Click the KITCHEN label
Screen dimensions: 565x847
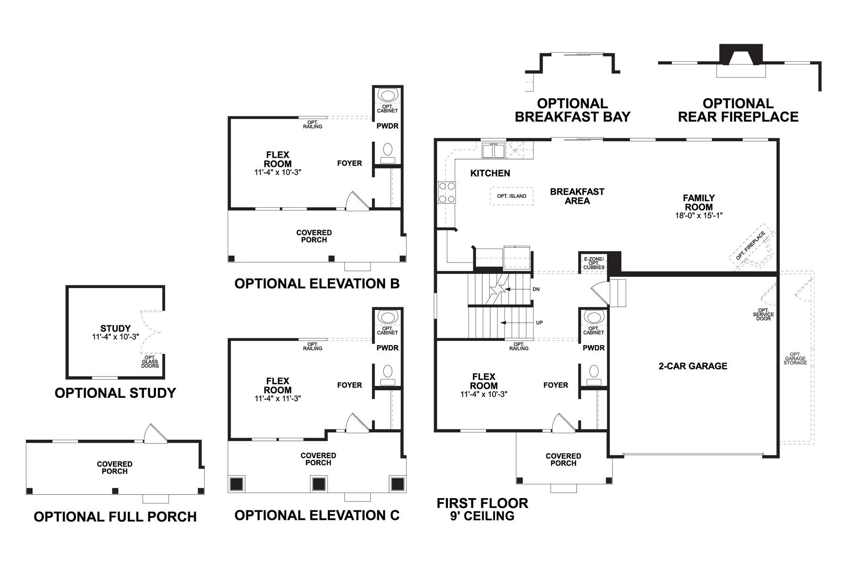tap(490, 173)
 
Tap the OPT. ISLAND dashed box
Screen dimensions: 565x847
tap(511, 196)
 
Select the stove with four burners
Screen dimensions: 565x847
tap(447, 193)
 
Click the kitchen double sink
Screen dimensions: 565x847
tap(493, 151)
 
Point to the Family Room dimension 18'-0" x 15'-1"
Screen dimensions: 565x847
tap(698, 216)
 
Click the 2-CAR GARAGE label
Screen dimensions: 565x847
tap(693, 366)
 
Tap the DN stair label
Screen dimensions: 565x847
tap(535, 289)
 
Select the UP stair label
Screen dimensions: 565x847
tap(539, 323)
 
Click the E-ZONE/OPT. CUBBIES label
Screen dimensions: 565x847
tap(594, 263)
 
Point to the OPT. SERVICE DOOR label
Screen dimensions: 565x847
tap(763, 315)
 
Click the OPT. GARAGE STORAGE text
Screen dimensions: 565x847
tap(795, 359)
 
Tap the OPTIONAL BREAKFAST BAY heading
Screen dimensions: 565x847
tap(572, 110)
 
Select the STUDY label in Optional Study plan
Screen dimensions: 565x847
tap(115, 328)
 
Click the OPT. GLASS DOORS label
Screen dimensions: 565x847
tap(150, 362)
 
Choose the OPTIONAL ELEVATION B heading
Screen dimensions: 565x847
tap(317, 283)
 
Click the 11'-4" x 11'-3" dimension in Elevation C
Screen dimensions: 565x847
tap(278, 398)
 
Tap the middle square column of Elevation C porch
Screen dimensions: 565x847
tap(319, 484)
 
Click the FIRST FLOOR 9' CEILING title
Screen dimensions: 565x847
tap(482, 509)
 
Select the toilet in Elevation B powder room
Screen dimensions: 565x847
tap(388, 152)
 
